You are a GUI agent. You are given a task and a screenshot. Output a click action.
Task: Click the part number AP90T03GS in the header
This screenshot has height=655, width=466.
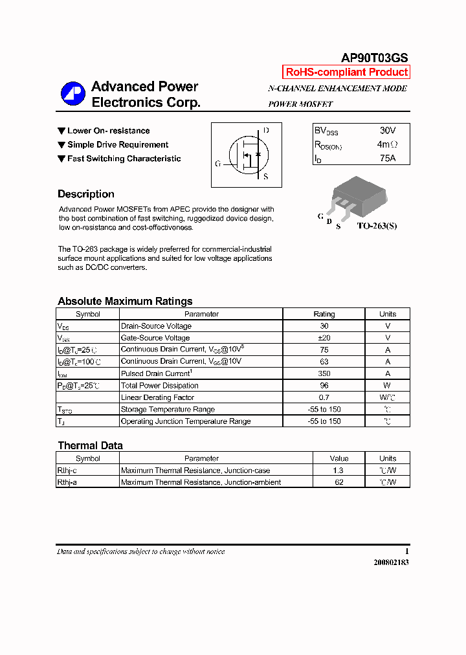(x=374, y=58)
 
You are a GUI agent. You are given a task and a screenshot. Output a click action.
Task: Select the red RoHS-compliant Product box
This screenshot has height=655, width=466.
(x=346, y=72)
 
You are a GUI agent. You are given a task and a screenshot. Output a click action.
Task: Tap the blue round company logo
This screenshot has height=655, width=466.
(x=72, y=94)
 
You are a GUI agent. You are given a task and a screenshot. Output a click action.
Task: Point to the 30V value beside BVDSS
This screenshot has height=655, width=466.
(x=387, y=130)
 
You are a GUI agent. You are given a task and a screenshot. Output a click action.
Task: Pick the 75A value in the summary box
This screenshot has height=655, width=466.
(x=387, y=158)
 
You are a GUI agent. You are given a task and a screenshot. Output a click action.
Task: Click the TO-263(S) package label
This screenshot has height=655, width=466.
(x=377, y=227)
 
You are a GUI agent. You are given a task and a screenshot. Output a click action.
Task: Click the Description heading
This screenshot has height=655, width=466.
(x=86, y=194)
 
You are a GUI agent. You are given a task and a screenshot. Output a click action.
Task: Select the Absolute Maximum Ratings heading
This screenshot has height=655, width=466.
(x=125, y=301)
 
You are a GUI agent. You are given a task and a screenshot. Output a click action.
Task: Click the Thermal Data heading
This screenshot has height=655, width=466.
(x=90, y=445)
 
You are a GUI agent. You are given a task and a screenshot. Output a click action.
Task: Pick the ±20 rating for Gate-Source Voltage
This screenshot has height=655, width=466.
(x=324, y=338)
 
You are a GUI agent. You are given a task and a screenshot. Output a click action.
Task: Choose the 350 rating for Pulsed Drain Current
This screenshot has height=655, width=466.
(x=324, y=373)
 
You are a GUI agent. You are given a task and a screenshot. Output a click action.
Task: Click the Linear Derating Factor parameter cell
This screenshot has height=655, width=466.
(x=157, y=397)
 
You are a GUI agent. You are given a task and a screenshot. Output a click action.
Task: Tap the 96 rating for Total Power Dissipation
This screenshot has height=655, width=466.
(x=324, y=386)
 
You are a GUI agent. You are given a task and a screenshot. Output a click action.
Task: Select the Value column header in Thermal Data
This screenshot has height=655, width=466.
(x=338, y=458)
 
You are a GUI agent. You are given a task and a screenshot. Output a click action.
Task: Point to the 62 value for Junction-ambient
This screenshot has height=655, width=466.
(x=338, y=482)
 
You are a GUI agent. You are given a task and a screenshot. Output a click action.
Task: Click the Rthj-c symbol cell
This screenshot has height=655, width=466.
(x=67, y=471)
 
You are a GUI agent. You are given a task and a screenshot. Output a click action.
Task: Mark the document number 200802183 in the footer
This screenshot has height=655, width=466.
(x=391, y=562)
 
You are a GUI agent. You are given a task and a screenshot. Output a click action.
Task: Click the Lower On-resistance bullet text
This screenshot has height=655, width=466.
(x=108, y=131)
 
